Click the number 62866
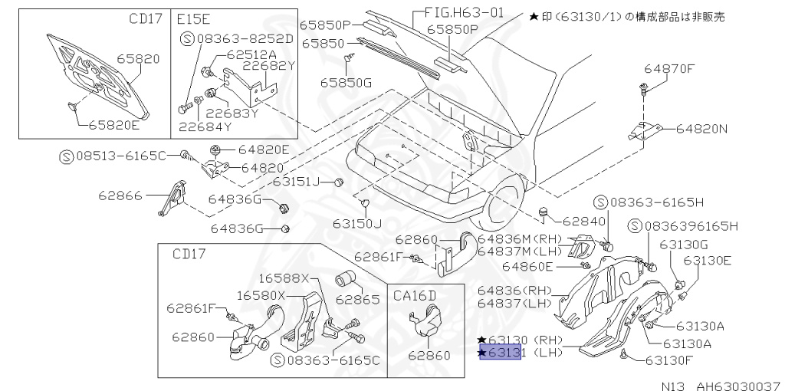coord(120,195)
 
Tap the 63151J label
coord(296,182)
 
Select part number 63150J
coord(356,223)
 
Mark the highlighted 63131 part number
coord(501,353)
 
